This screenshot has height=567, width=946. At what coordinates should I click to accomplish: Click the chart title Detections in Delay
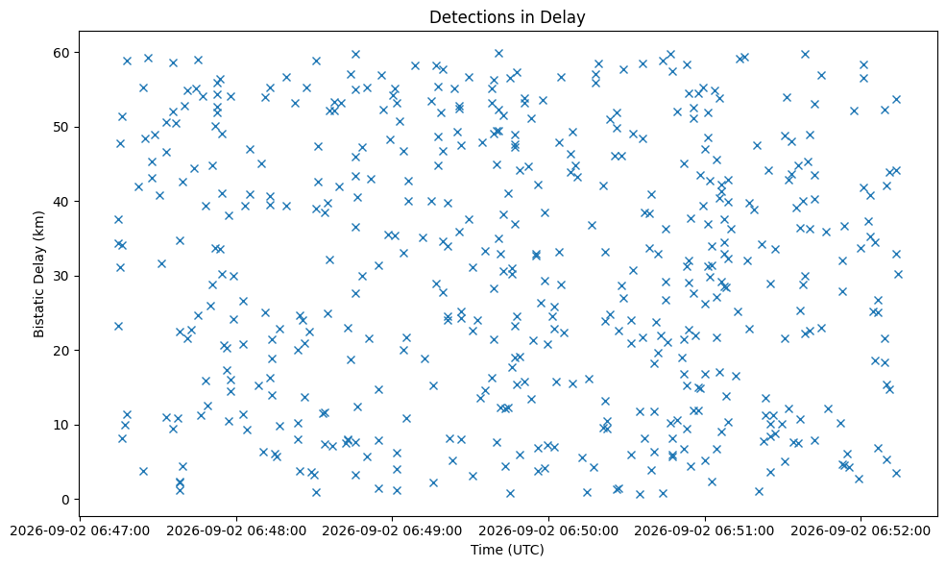click(x=507, y=17)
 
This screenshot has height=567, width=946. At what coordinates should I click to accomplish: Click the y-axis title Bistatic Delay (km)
click(x=38, y=274)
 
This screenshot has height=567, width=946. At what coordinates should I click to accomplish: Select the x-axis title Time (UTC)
click(x=507, y=550)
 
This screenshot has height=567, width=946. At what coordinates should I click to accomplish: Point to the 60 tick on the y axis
click(x=62, y=53)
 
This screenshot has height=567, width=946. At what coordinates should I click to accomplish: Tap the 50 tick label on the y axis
click(x=62, y=127)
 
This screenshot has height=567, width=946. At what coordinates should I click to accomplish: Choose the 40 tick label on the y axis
click(x=62, y=201)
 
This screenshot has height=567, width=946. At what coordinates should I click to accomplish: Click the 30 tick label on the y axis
click(x=62, y=276)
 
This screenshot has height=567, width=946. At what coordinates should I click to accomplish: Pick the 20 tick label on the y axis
click(x=62, y=350)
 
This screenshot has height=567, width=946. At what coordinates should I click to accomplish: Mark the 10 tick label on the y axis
click(x=62, y=425)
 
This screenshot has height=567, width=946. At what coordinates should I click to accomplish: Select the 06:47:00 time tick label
click(x=81, y=530)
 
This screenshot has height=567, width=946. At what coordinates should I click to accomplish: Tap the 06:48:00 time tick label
click(x=236, y=530)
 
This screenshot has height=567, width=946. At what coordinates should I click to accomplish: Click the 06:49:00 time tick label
click(x=393, y=530)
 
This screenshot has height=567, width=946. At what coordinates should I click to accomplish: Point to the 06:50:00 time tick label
click(x=549, y=530)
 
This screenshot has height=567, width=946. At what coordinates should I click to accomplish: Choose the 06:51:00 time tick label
click(x=705, y=530)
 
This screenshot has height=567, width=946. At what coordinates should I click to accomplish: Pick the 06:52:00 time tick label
click(x=861, y=530)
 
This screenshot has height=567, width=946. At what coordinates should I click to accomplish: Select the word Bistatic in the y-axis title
click(x=38, y=313)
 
